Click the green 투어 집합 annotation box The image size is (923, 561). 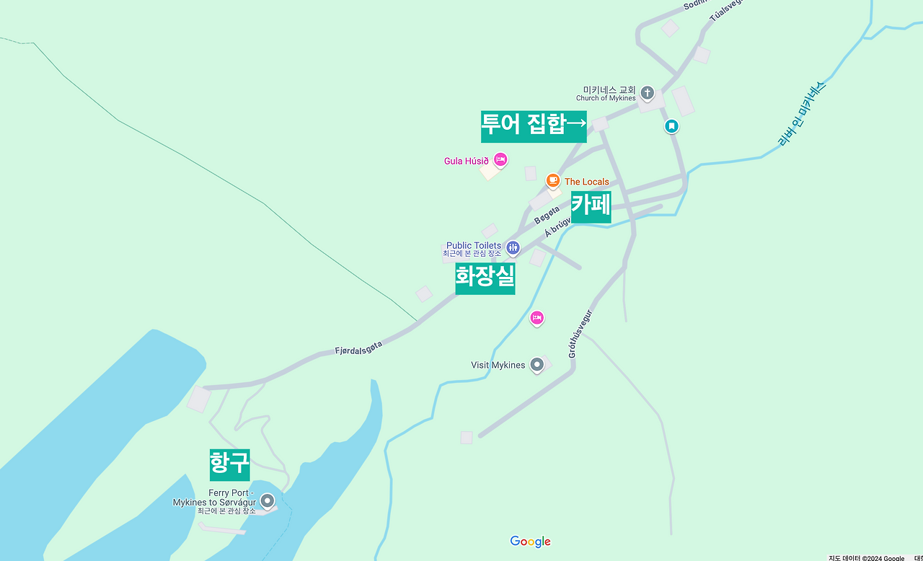tap(534, 126)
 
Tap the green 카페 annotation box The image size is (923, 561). tap(591, 207)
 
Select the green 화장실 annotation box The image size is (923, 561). tap(485, 278)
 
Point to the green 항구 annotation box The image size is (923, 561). tap(229, 464)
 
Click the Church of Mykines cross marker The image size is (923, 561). tap(648, 93)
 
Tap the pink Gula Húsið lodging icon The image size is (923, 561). tap(500, 160)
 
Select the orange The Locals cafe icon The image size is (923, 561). tap(553, 180)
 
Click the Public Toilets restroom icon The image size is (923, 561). tap(513, 248)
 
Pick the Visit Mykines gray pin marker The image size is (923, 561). tap(536, 365)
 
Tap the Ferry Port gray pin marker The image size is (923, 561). tap(268, 500)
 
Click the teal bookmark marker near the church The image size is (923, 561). tap(671, 126)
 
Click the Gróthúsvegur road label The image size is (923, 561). tap(580, 334)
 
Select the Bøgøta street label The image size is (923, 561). tap(547, 215)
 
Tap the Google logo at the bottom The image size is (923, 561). tap(530, 542)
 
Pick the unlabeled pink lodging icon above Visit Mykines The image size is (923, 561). tap(536, 318)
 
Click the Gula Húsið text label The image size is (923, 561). tap(466, 161)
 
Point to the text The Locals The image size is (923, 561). tap(586, 182)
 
